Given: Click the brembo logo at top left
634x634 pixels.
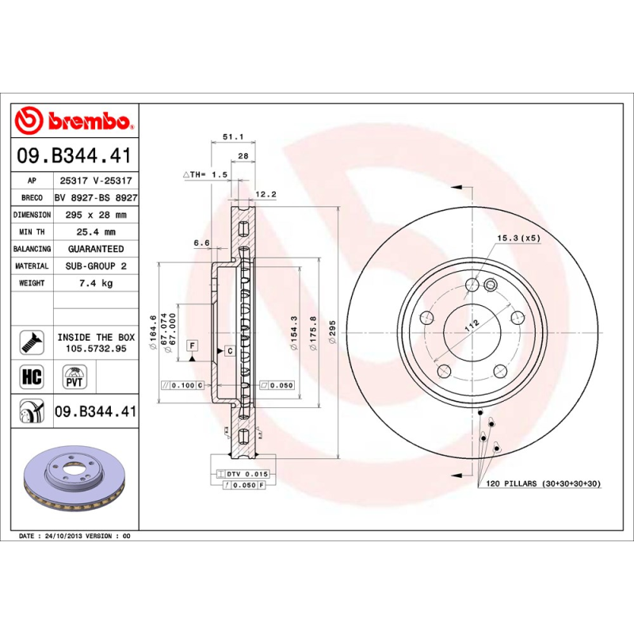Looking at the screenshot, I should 74,120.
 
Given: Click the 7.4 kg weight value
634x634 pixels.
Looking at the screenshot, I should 96,283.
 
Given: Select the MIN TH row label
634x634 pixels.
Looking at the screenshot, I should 32,232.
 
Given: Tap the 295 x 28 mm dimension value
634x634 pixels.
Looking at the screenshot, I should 96,215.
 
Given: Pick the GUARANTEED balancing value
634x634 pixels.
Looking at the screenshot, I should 96,249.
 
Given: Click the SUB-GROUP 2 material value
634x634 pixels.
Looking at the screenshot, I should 96,266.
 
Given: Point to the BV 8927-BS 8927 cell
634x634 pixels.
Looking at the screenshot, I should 96,197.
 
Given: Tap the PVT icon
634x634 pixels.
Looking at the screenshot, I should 74,376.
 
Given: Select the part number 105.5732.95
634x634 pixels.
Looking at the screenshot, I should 96,349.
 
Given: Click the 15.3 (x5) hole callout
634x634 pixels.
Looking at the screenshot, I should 518,238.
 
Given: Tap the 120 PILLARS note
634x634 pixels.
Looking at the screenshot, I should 543,483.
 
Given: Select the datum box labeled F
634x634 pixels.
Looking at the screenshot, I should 192,346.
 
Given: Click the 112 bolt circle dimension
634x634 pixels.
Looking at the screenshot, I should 472,324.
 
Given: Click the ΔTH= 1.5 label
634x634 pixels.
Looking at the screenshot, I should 205,174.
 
